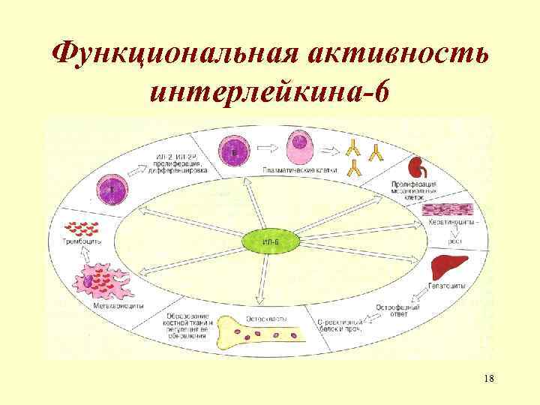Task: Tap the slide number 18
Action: coord(490,376)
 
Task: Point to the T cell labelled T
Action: coord(111,189)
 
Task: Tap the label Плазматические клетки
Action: coord(300,170)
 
